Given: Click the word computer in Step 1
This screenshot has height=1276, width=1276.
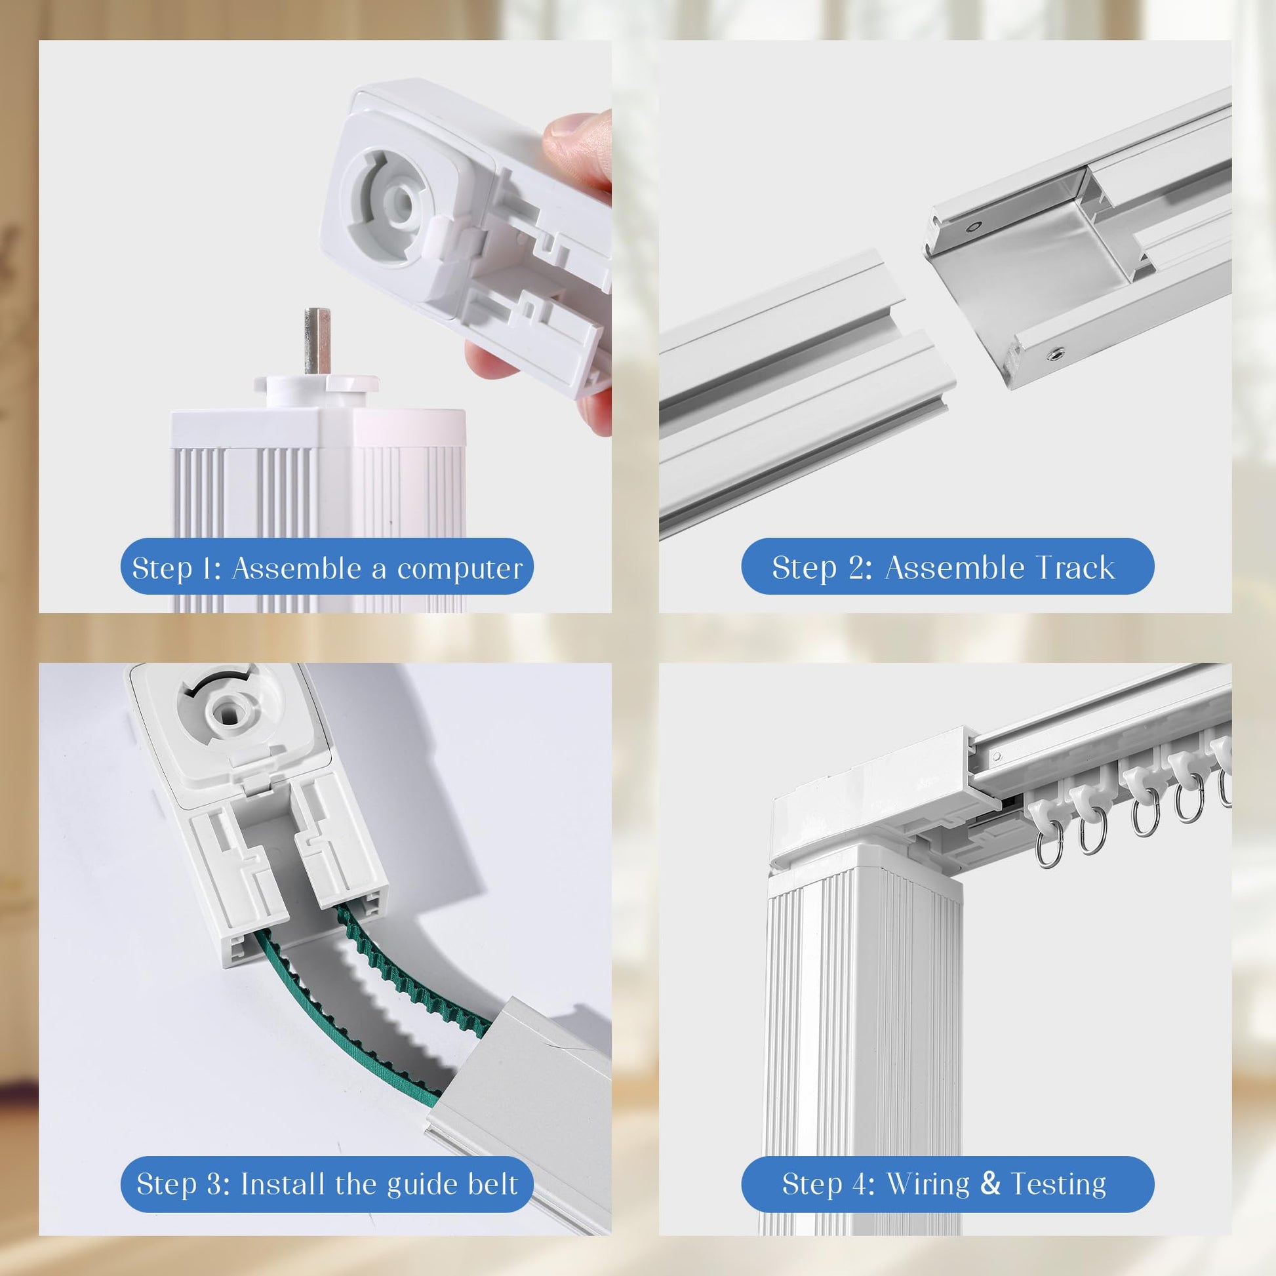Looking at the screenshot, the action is (x=460, y=568).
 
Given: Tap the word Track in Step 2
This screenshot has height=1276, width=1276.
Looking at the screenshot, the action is (x=1076, y=567).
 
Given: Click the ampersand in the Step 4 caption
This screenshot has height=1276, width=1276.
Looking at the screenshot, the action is (x=991, y=1072).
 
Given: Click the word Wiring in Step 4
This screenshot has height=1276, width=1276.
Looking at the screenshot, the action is (x=928, y=1073).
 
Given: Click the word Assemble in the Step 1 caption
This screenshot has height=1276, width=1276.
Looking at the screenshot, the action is (x=301, y=568).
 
